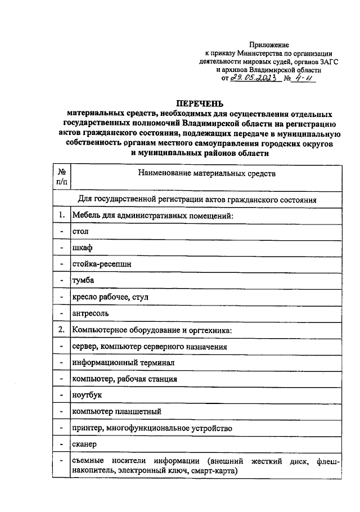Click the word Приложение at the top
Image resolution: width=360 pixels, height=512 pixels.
(x=269, y=44)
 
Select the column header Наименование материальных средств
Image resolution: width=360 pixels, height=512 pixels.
(x=207, y=174)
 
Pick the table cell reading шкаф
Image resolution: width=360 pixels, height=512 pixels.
(x=82, y=247)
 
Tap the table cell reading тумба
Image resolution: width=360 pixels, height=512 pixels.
(x=83, y=280)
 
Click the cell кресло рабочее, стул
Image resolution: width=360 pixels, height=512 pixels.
(x=110, y=296)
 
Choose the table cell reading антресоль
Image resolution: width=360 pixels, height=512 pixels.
(x=90, y=313)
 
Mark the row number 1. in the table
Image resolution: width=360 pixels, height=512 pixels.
(x=61, y=214)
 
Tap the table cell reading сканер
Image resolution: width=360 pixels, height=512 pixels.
(x=85, y=445)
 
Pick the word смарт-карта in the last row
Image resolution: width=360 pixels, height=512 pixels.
(x=215, y=470)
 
